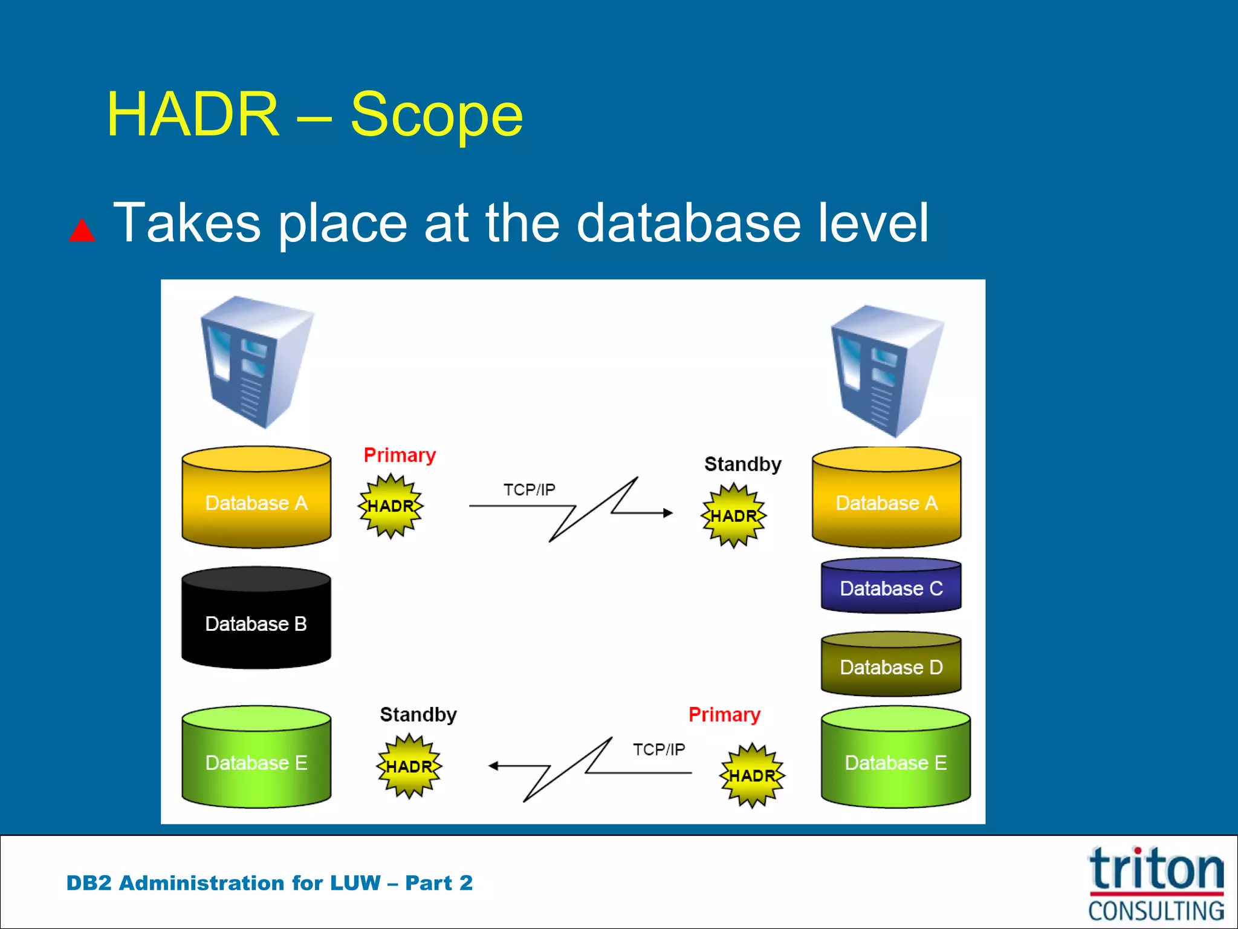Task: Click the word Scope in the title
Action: point(436,115)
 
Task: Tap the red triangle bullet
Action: point(82,231)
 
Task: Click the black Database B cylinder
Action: point(256,618)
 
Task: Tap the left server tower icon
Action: point(256,362)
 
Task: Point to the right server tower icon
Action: point(886,371)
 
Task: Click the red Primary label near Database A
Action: point(400,455)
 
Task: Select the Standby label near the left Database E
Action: point(418,714)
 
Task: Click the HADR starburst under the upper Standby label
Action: point(733,515)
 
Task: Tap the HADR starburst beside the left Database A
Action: point(391,506)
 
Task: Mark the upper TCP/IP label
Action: point(529,489)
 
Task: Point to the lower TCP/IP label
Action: point(659,749)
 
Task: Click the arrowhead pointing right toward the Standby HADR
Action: point(667,513)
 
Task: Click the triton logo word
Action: point(1156,870)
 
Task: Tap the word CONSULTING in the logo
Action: point(1156,910)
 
